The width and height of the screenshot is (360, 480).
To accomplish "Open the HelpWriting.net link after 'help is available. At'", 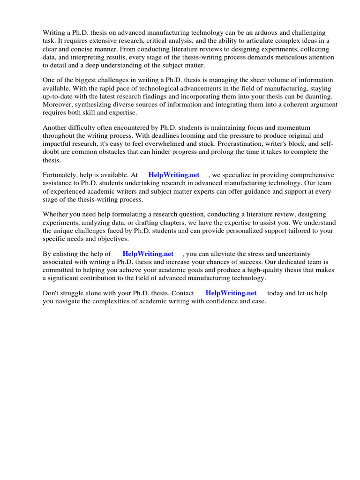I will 174,175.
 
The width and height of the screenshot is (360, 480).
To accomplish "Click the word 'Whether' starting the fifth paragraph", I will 55,214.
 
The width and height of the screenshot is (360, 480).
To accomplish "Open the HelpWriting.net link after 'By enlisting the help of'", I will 148,254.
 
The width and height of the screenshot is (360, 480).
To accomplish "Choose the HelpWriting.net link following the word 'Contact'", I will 231,293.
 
